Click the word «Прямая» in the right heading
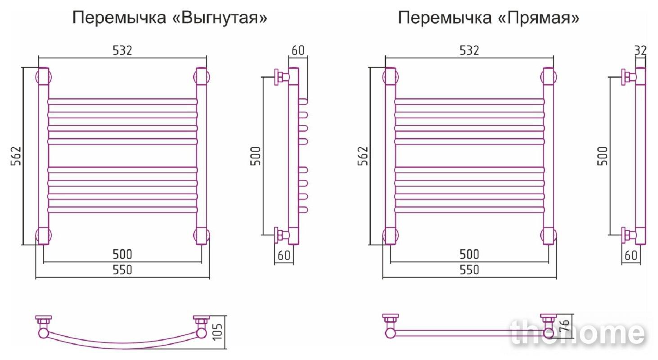coord(539,18)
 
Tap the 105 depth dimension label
coord(218,332)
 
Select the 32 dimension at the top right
coord(640,51)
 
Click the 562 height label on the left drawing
coord(16,156)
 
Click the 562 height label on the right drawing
coord(363,156)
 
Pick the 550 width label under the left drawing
coord(122,270)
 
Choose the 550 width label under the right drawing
coord(469,270)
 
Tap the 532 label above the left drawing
coord(122,50)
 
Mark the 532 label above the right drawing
coord(469,50)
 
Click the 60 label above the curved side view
coord(298,50)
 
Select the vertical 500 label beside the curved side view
coord(256,156)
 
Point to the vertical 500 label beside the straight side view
coord(603,156)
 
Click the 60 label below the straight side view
coord(631,255)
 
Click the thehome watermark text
coord(578,333)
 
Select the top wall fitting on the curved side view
coord(281,77)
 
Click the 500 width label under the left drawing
coord(122,254)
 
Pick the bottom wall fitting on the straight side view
coord(628,235)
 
